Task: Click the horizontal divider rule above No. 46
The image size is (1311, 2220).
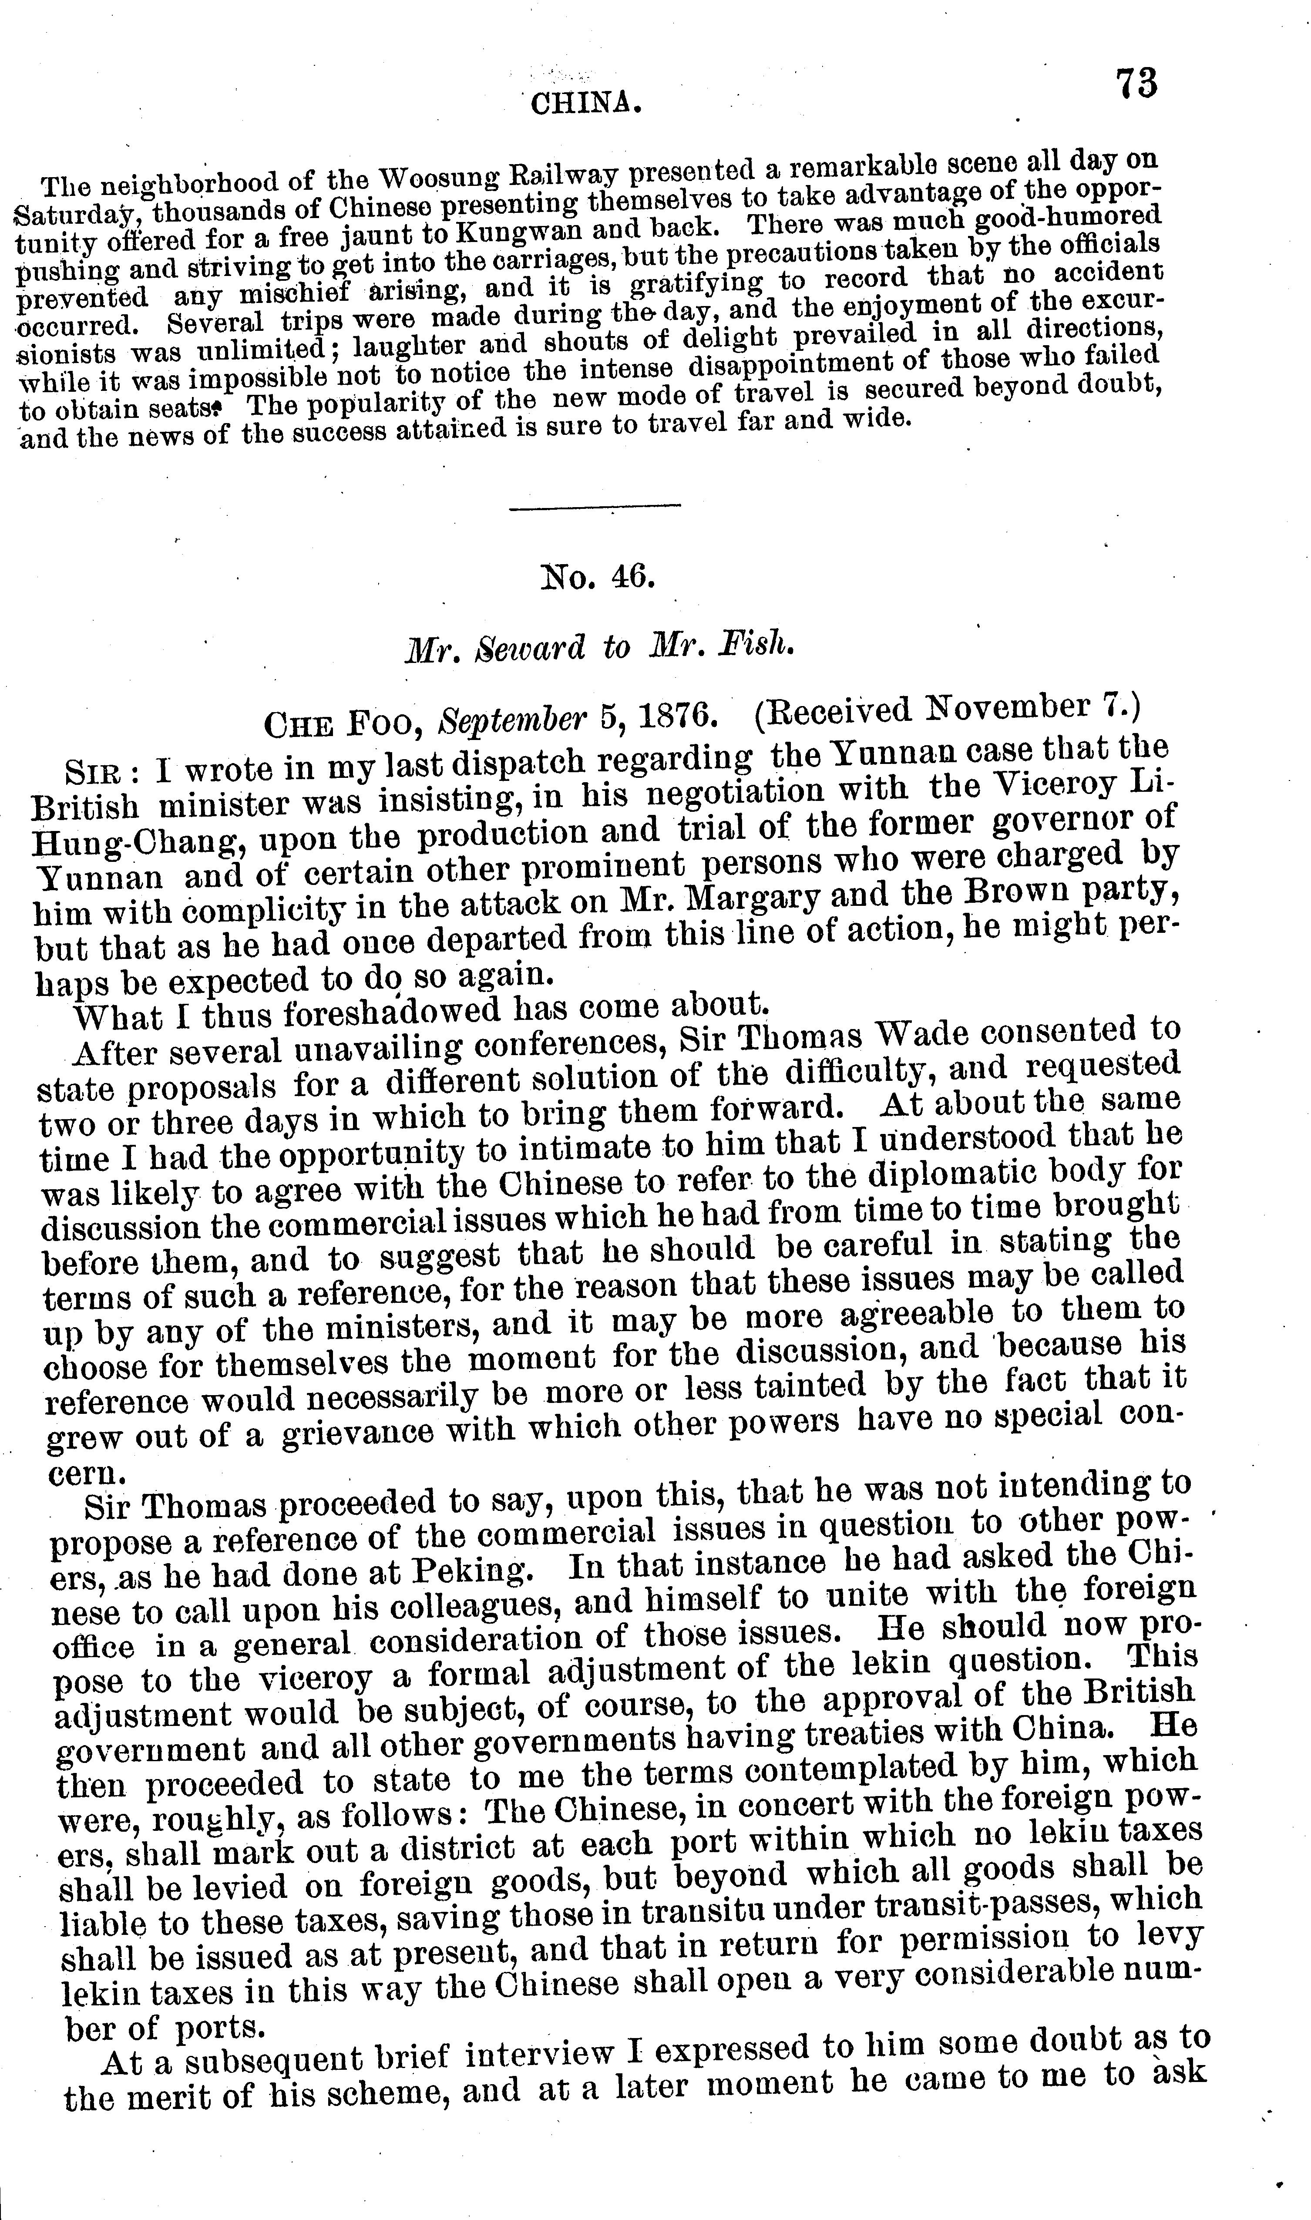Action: click(x=595, y=505)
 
